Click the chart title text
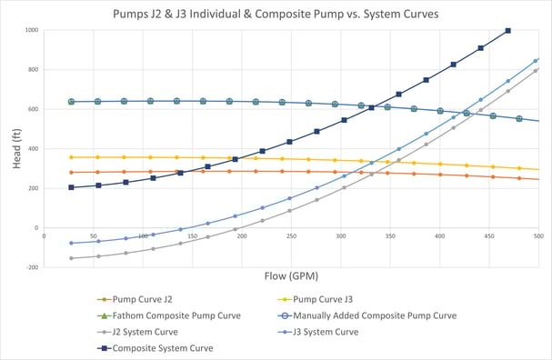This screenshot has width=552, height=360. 276,15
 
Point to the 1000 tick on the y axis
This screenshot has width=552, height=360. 32,30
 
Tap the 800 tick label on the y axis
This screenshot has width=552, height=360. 34,70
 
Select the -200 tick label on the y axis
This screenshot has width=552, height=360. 33,267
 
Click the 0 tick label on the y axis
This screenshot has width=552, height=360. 36,228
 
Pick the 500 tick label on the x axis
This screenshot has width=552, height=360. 537,235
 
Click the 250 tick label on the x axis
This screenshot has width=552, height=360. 290,235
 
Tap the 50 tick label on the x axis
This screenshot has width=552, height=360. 93,235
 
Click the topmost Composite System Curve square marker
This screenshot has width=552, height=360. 507,31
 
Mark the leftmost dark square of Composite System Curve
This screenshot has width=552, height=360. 71,188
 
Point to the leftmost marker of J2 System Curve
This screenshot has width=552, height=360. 71,258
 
